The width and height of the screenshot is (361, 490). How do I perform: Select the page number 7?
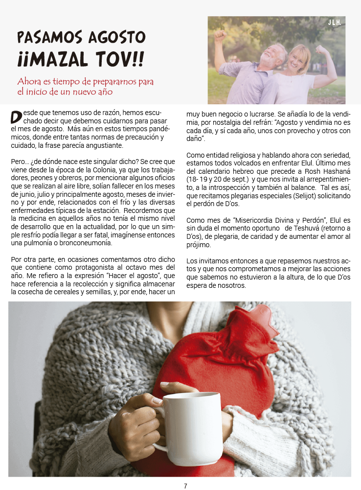click(185, 486)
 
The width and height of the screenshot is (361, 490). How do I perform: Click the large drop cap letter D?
click(16, 117)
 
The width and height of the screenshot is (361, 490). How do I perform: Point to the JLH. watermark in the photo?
click(335, 23)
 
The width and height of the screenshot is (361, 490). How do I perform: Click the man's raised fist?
click(221, 35)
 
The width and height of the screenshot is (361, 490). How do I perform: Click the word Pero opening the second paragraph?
click(19, 161)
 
